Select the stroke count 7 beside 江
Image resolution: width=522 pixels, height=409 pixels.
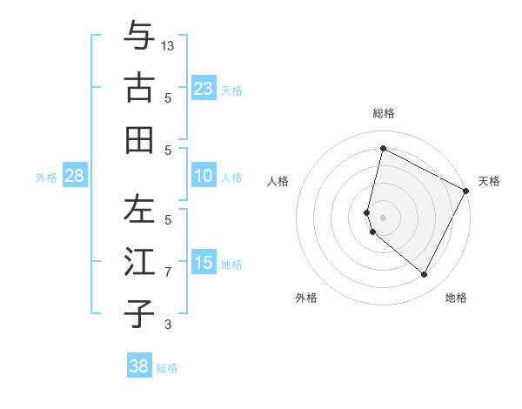click(168, 272)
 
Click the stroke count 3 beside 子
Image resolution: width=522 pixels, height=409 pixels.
click(168, 325)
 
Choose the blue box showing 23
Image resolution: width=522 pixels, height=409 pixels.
click(203, 88)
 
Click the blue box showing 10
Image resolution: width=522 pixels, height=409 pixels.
click(203, 176)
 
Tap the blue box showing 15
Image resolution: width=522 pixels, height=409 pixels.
click(203, 263)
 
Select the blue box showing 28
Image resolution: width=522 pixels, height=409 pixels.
click(75, 176)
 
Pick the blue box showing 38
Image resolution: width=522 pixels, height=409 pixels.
click(139, 366)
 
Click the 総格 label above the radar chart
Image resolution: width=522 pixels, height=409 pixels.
click(384, 114)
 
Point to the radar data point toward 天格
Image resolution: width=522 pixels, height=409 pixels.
click(466, 191)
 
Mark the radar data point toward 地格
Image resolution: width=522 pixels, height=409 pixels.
click(425, 275)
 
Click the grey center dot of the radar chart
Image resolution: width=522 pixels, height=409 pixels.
click(384, 217)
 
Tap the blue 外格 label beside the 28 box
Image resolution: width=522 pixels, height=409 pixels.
click(46, 177)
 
